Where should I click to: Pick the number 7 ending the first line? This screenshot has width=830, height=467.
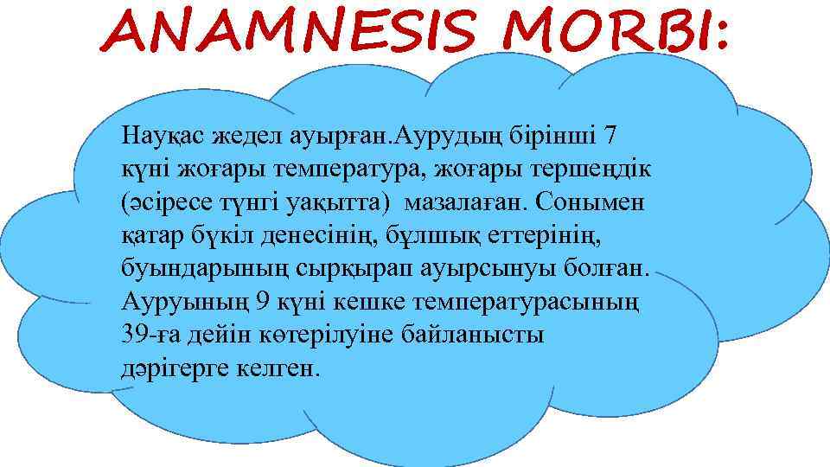(x=610, y=136)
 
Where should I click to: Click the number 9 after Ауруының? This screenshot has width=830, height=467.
(x=264, y=303)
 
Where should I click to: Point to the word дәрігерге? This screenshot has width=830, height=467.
(x=174, y=369)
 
